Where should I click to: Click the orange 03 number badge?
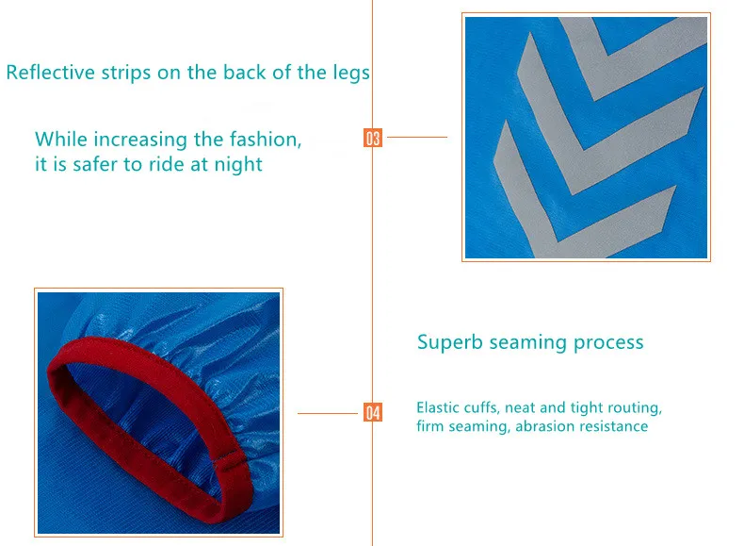pyautogui.click(x=373, y=138)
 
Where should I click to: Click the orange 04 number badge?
pyautogui.click(x=373, y=412)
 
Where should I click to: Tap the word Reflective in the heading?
pyautogui.click(x=51, y=73)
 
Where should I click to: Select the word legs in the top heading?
pyautogui.click(x=351, y=74)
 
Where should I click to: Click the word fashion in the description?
pyautogui.click(x=266, y=140)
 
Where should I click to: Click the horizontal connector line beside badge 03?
pyautogui.click(x=417, y=137)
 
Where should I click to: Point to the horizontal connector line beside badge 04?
pyautogui.click(x=328, y=413)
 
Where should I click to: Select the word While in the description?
pyautogui.click(x=61, y=140)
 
